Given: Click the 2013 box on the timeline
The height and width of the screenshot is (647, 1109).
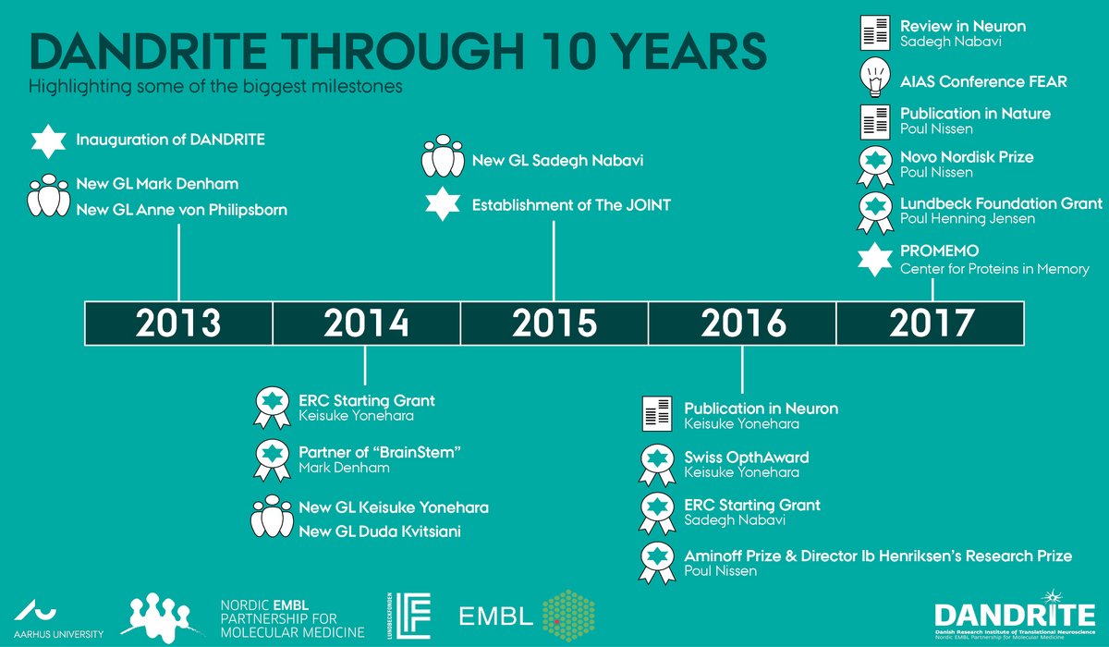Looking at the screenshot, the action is (178, 323).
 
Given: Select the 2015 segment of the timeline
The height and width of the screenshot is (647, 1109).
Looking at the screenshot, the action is (554, 323).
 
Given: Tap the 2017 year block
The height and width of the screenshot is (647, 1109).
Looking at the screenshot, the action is (931, 323).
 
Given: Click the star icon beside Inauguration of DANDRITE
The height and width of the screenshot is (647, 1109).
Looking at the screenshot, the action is (48, 141).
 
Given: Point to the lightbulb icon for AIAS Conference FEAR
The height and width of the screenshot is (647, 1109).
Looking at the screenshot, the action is (875, 79).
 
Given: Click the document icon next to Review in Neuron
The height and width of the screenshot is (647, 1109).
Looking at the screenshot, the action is (875, 32).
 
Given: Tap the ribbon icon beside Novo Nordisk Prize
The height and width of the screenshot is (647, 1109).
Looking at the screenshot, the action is (875, 166).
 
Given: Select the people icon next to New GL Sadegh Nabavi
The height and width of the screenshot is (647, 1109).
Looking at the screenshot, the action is (443, 156).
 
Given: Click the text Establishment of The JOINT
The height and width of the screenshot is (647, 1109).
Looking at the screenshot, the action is (571, 205).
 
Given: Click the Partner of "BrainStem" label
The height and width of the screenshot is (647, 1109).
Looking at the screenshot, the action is (380, 452).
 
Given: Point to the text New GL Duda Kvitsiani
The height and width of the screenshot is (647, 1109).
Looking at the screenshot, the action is (380, 531).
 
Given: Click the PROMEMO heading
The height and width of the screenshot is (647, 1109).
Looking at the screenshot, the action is (939, 250).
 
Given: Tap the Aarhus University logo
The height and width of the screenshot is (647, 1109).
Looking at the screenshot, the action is (58, 618).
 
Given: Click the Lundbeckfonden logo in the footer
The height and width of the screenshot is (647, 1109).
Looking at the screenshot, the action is (408, 616).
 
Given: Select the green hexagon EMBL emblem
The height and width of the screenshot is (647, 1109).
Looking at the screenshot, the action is (568, 616).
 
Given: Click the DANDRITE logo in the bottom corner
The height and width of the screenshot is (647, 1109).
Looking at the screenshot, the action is (1015, 616).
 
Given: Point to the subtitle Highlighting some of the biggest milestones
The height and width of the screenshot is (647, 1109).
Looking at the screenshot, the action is (215, 87).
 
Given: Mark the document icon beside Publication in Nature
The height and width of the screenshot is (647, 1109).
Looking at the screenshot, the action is (875, 122).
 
